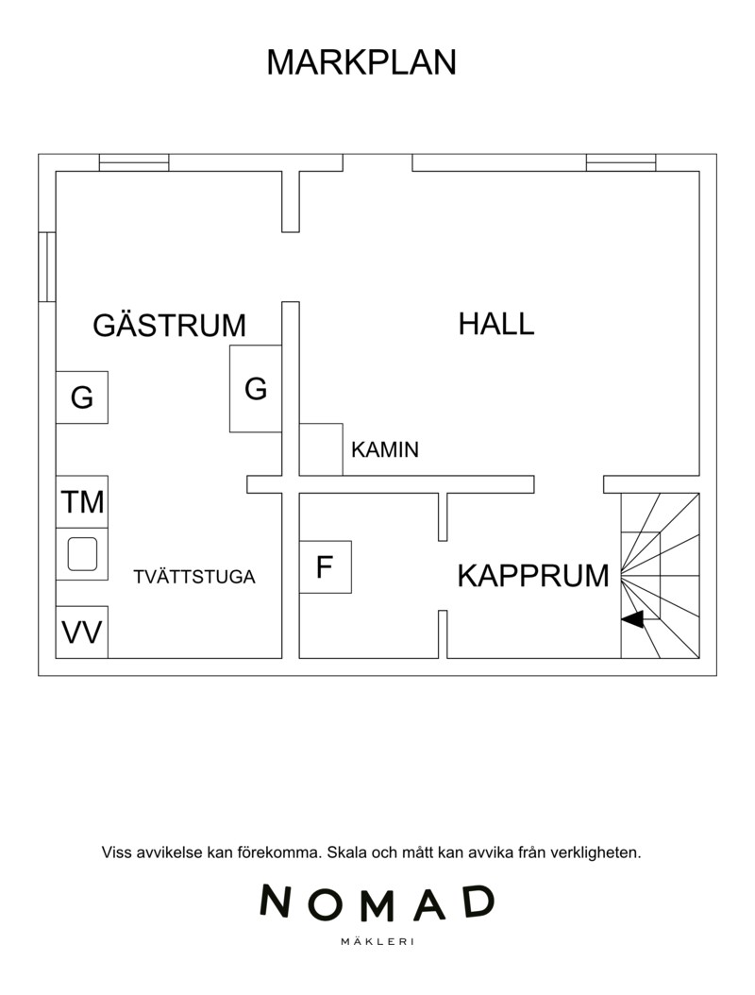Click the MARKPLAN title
[361, 62]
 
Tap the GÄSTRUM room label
[169, 326]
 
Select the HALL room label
[496, 324]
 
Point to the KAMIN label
[384, 450]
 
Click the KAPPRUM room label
[533, 575]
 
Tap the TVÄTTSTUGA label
[194, 577]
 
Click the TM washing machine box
[82, 501]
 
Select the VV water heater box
[82, 632]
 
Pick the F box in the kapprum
[325, 567]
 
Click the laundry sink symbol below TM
[82, 555]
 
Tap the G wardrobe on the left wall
[82, 397]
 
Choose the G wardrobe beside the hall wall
[256, 388]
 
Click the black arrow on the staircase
[631, 619]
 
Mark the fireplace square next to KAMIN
[321, 449]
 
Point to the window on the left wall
[47, 267]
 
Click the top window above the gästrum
[134, 162]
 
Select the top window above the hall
[620, 162]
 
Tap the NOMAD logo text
[377, 903]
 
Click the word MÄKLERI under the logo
[377, 941]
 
